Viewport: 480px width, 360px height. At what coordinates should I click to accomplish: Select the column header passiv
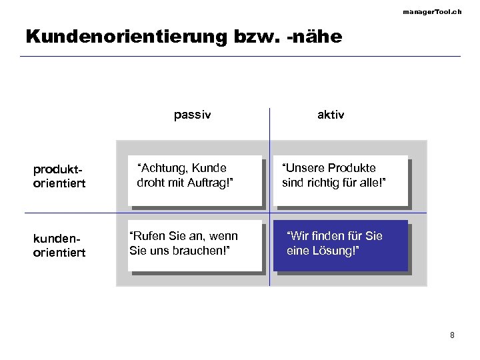point(192,115)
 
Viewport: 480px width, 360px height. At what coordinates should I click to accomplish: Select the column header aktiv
point(331,115)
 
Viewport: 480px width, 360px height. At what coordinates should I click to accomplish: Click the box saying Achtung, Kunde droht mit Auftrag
point(195,180)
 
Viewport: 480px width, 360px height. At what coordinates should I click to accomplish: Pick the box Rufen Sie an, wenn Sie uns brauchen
point(195,245)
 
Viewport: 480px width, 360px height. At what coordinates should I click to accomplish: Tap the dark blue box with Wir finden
point(341,245)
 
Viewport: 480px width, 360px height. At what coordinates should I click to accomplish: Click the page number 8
point(452,335)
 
